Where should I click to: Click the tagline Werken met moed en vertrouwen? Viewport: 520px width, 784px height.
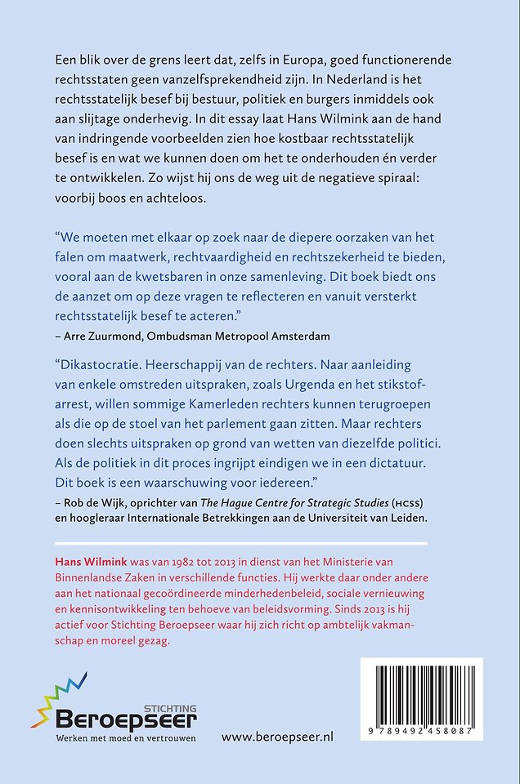coord(126,739)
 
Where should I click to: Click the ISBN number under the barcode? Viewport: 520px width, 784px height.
coord(421,732)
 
